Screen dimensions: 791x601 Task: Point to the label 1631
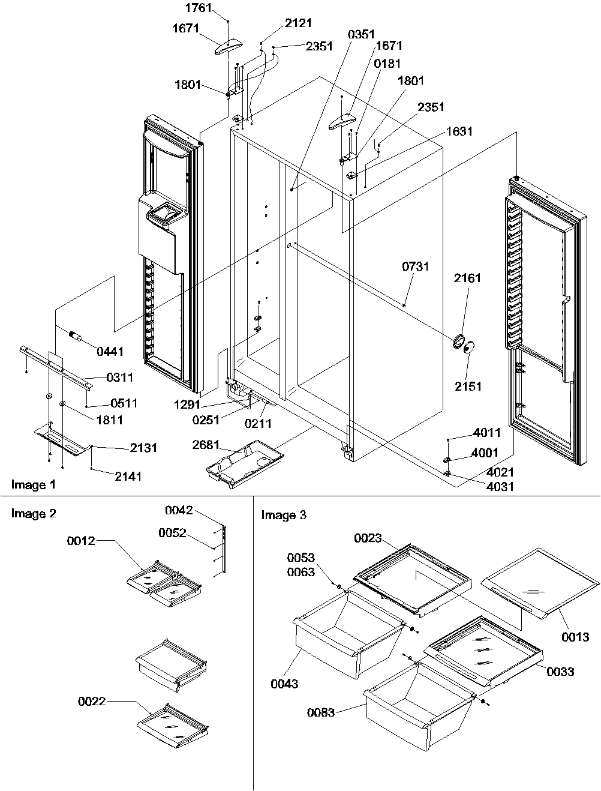tap(459, 131)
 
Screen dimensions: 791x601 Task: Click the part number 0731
tap(416, 266)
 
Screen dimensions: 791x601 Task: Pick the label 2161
tap(467, 278)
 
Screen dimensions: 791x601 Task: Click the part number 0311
tap(120, 377)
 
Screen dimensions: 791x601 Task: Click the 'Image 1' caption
tap(29, 485)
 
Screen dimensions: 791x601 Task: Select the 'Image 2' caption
tap(29, 514)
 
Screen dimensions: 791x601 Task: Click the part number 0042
tap(179, 511)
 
